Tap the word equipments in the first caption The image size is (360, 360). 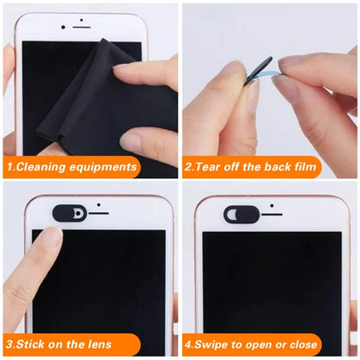click(x=105, y=166)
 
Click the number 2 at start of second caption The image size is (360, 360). click(x=188, y=166)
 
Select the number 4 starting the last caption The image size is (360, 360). click(x=188, y=344)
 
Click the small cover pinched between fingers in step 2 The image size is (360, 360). click(x=259, y=70)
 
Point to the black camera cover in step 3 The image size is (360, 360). click(x=69, y=213)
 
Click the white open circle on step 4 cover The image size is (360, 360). click(x=230, y=213)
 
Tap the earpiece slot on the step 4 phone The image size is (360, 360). click(x=271, y=214)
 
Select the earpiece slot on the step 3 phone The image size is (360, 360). click(x=99, y=213)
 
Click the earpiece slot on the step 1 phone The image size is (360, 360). click(x=80, y=27)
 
